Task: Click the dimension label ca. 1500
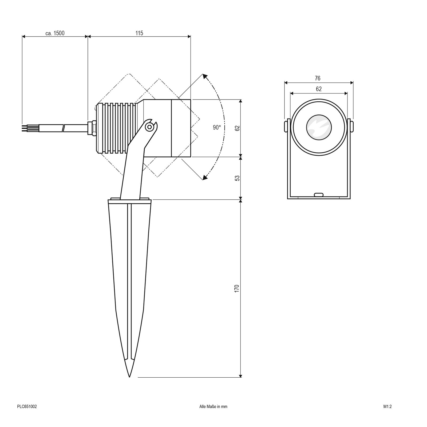point(55,33)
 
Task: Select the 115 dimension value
point(139,33)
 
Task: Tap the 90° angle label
point(217,128)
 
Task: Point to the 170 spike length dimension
point(237,289)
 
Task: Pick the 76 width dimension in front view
point(317,78)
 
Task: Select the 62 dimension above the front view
point(319,89)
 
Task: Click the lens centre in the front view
point(319,128)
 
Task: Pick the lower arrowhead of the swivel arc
point(205,177)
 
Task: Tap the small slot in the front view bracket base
point(318,195)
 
